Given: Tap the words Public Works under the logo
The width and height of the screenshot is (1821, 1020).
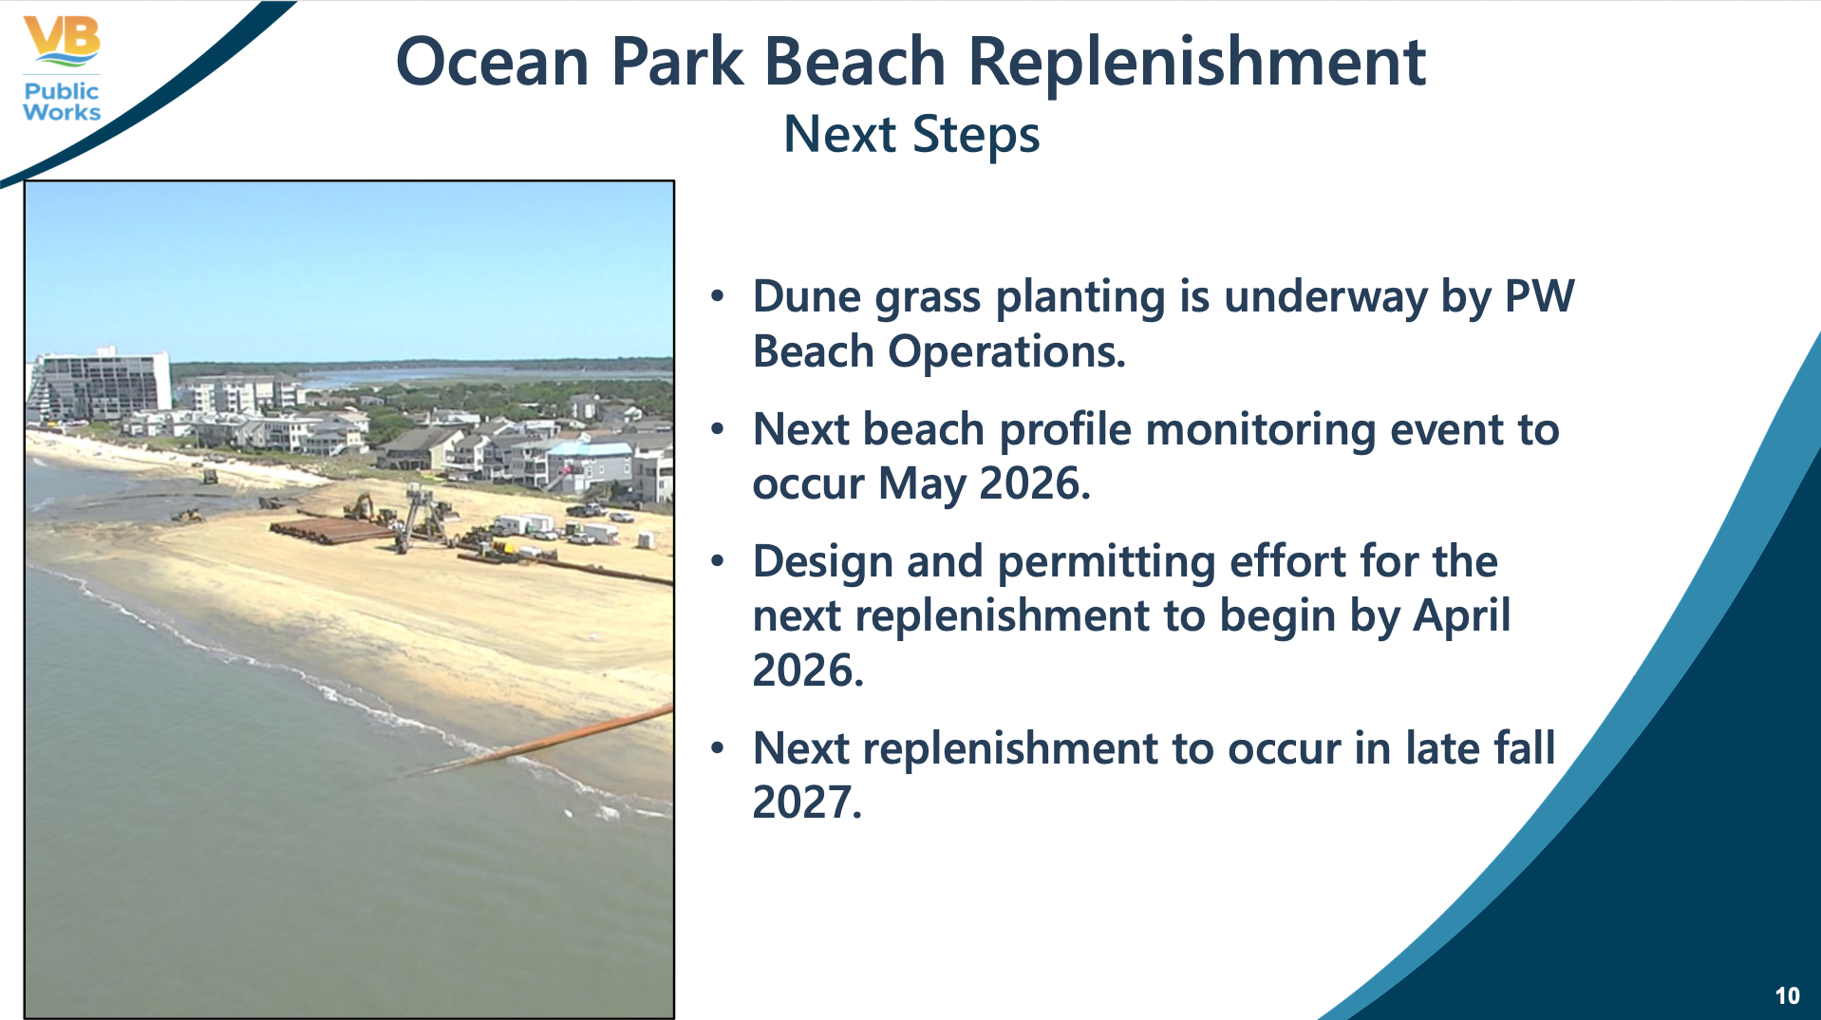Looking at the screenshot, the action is coord(62,102).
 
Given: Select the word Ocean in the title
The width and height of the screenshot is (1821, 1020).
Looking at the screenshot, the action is coord(493,63).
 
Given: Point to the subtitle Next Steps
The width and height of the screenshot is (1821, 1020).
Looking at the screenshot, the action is coord(911,135).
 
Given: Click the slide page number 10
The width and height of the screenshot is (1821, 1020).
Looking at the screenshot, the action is coord(1787,995).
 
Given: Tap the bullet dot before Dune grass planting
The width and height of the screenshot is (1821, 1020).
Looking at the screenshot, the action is coord(718,296).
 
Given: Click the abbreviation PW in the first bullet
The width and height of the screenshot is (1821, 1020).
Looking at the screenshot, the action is coord(1540,296).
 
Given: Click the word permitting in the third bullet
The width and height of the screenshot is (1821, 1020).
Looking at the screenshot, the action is coord(1106,561).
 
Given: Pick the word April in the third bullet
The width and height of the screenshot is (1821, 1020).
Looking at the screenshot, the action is coord(1461,615).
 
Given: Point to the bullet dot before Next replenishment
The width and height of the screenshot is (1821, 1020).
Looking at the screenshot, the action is coord(718,748).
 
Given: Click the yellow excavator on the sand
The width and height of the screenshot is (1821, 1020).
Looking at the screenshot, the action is coord(361,506).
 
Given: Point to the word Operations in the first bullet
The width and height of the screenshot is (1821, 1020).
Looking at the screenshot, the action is coord(1006,352).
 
